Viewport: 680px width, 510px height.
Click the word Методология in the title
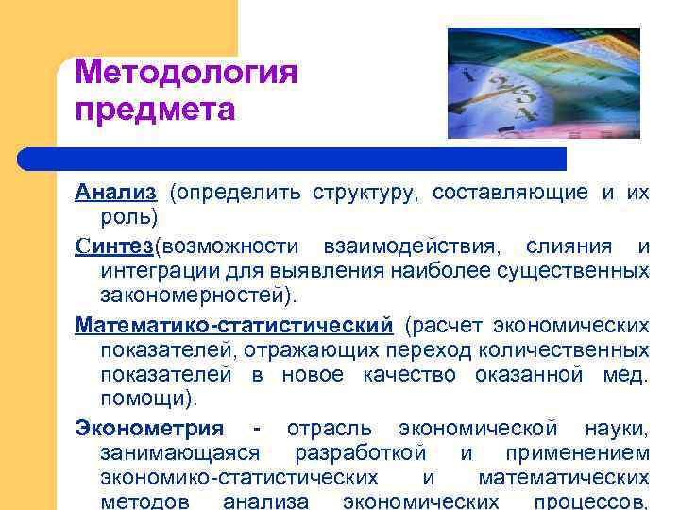pos(186,73)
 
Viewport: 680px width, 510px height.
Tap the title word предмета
pos(154,110)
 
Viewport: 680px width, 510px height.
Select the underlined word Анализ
pos(116,193)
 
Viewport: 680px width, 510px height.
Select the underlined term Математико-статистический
pos(234,326)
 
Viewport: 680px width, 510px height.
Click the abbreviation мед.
pos(625,375)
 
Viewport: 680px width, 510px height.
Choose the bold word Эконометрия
pos(149,429)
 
